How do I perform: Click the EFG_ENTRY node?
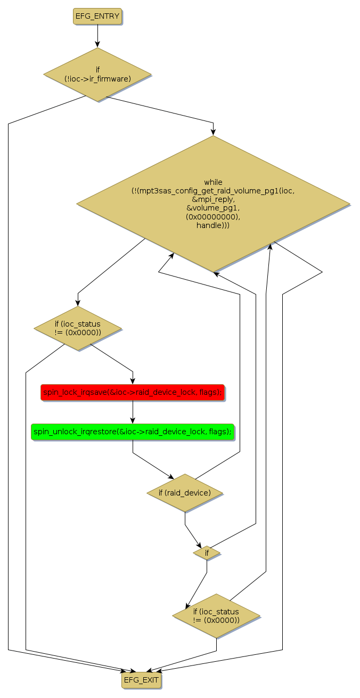[97, 16]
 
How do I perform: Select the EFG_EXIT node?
[141, 680]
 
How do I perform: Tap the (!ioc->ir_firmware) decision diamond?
[97, 75]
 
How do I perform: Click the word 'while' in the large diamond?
[213, 182]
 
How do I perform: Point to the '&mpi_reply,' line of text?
[213, 199]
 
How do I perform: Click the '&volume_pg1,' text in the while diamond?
[213, 208]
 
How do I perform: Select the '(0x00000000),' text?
[213, 217]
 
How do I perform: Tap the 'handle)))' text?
[213, 225]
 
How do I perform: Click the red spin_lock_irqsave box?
[133, 393]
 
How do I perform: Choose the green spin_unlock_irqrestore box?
[133, 432]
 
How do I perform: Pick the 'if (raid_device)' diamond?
[185, 493]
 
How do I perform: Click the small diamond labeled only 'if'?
[207, 553]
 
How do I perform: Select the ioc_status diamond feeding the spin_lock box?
[78, 328]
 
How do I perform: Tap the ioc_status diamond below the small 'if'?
[216, 616]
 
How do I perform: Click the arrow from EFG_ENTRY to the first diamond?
[97, 36]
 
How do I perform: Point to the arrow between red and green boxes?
[133, 412]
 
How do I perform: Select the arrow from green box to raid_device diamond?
[149, 464]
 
